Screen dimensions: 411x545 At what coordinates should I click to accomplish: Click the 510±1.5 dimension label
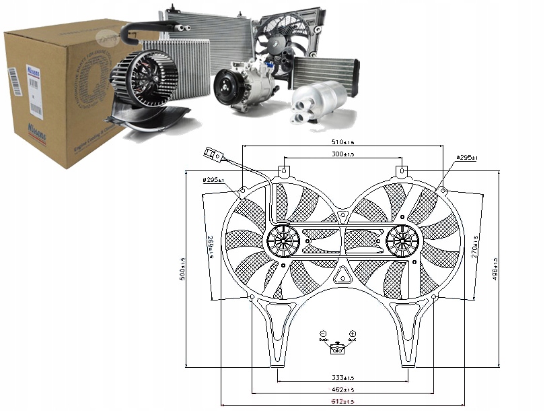[x=342, y=142]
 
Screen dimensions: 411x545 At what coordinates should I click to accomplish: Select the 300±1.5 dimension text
[x=342, y=155]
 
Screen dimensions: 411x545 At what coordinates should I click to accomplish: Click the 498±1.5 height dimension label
[x=496, y=270]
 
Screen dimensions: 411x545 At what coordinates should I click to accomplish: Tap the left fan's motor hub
[x=283, y=240]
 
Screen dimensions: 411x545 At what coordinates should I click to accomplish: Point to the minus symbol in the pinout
[x=323, y=334]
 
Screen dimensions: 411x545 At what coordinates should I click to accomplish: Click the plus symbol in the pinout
[x=353, y=334]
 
